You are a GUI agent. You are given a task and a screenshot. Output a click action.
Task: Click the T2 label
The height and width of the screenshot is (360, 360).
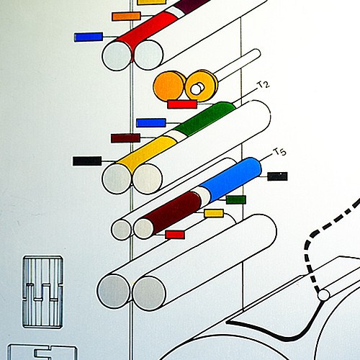pos(264,85)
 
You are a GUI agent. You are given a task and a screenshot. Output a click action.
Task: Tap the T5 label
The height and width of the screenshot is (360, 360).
pos(280,152)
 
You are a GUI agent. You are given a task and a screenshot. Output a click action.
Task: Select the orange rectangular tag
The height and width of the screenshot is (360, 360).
pos(126,16)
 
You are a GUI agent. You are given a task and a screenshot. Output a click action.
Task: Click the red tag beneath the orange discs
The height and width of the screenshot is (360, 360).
pos(182,104)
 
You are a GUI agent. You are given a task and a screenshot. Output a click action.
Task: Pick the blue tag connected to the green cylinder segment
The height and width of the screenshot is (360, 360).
pos(151,122)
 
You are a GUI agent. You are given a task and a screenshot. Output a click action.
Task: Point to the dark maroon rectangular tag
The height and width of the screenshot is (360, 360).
pos(125,138)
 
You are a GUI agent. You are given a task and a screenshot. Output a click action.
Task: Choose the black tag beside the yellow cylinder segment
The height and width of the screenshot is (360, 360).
pos(87,161)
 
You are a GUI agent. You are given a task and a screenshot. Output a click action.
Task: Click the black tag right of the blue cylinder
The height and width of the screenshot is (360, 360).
pos(277,176)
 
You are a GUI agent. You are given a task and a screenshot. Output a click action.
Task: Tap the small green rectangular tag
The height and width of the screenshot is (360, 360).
pos(236,199)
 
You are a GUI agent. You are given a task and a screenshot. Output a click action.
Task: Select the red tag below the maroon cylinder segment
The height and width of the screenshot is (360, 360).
pos(175,235)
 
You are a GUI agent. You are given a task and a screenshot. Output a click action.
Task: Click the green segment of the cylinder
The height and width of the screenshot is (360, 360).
pos(204,119)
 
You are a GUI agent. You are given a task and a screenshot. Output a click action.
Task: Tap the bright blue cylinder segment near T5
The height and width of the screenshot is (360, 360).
pos(231,179)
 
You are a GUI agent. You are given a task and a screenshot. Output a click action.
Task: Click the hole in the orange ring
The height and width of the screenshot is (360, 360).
pos(197,89)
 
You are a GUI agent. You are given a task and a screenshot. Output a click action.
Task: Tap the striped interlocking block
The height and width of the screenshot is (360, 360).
pos(42,292)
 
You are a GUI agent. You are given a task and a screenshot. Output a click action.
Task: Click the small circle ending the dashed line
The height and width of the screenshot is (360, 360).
pos(323,294)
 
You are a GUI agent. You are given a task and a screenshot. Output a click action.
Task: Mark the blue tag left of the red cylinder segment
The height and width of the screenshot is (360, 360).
pos(89,37)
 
